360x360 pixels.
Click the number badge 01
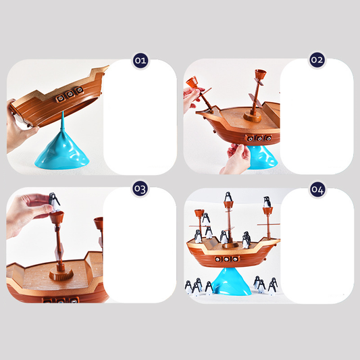pos(140,61)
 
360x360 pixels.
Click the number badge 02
pos(317,60)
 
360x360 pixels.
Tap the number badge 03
pos(140,188)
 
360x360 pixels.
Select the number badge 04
pos(317,190)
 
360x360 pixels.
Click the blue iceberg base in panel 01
pos(62,151)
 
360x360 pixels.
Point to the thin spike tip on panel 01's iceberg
pos(63,113)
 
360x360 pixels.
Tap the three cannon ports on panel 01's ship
pos(69,94)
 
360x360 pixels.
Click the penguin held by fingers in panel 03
pos(54,202)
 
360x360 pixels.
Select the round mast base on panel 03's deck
pos(61,274)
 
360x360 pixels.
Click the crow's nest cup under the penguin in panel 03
pos(57,217)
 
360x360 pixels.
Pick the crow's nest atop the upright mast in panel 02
pos(260,74)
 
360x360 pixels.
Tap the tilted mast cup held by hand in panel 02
pos(192,82)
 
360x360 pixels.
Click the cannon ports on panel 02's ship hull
pos(259,138)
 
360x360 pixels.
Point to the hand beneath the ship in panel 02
pos(236,159)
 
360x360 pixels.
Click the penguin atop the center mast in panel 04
pos(228,197)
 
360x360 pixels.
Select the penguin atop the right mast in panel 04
pos(267,202)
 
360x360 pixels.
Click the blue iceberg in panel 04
pos(231,282)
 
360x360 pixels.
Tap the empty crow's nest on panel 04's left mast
pos(199,213)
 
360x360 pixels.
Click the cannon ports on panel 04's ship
pos(228,259)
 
